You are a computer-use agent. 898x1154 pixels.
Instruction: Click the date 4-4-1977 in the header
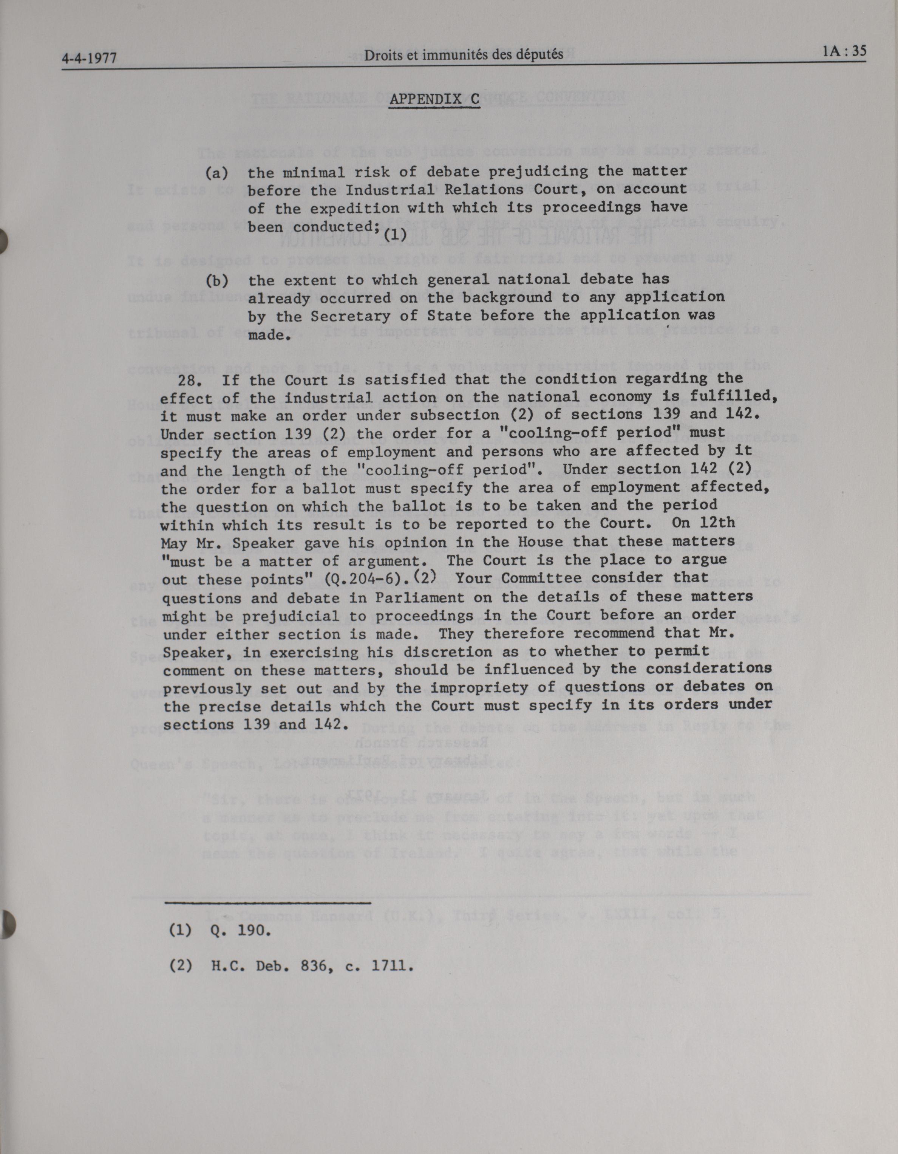[89, 57]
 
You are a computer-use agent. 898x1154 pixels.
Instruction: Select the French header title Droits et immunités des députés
[464, 54]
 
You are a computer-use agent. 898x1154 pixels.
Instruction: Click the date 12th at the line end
[717, 523]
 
